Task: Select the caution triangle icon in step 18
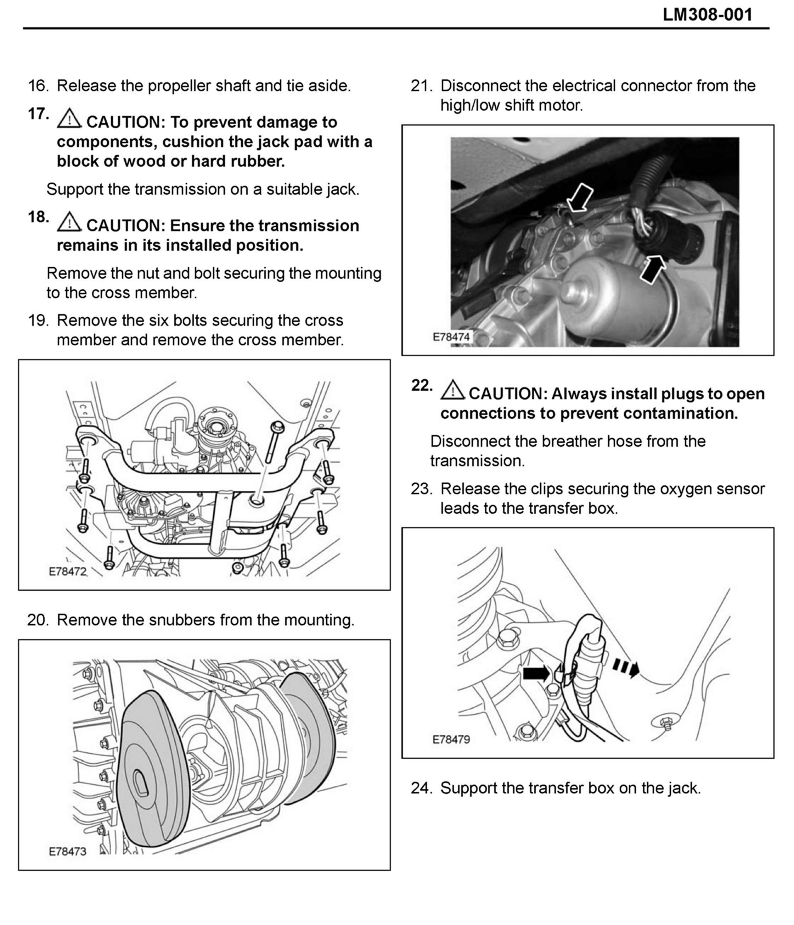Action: (x=69, y=222)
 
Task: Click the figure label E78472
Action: (x=67, y=572)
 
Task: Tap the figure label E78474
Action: (x=451, y=337)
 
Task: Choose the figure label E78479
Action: (x=451, y=739)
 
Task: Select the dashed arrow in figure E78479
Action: (x=625, y=668)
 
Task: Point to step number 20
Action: (x=38, y=620)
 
